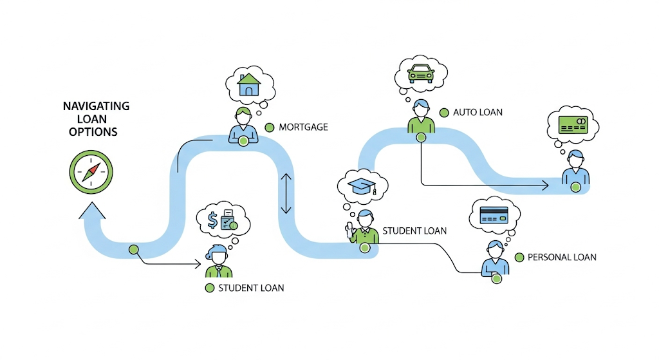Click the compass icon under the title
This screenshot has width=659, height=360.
(x=91, y=171)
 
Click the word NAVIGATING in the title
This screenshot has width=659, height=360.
(x=96, y=106)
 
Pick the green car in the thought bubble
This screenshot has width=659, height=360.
(x=420, y=74)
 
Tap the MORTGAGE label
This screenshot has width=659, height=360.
(x=303, y=128)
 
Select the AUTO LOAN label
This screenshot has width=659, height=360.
(x=478, y=112)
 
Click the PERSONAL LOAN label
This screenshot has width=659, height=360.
(x=561, y=257)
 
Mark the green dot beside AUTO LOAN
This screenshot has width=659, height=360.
(x=443, y=112)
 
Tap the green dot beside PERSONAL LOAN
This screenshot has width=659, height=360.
(x=519, y=257)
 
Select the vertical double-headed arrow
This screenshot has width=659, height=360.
(x=286, y=194)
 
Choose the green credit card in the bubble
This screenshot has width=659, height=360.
(x=572, y=124)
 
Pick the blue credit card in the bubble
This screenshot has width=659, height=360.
(x=494, y=214)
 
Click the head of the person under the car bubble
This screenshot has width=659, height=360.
(x=420, y=108)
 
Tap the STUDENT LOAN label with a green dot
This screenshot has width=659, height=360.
(x=251, y=288)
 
